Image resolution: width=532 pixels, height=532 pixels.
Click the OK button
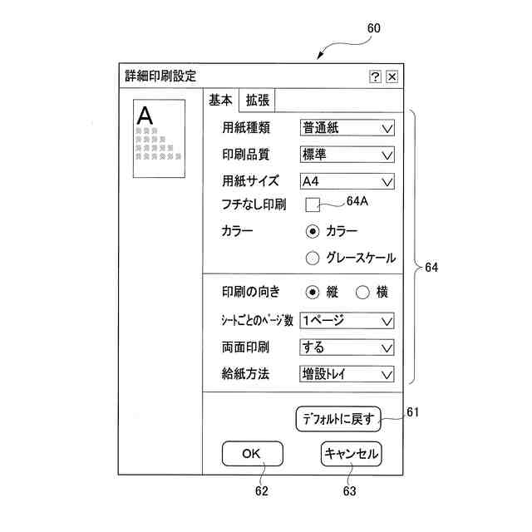252,454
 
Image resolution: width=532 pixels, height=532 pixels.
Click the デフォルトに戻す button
338,419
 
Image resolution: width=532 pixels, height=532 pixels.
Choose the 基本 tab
220,101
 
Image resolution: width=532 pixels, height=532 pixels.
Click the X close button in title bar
392,76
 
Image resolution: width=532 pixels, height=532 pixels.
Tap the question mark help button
376,76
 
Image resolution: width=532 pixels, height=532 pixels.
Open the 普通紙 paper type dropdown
347,128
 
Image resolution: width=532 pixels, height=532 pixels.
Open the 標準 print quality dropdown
347,155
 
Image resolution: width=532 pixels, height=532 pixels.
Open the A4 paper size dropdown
347,181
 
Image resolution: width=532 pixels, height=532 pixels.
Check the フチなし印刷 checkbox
313,204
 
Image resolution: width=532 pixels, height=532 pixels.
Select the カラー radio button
313,230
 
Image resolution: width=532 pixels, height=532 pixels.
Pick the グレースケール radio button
313,258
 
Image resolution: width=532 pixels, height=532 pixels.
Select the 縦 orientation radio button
313,292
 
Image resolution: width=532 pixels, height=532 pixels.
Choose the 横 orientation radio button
362,292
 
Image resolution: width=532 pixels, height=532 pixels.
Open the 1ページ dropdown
347,320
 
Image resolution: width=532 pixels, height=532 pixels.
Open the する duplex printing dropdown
347,347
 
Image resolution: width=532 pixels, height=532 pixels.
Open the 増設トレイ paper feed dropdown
347,374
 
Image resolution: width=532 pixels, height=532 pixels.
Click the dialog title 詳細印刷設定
160,76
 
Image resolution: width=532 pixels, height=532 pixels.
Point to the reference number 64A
357,200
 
